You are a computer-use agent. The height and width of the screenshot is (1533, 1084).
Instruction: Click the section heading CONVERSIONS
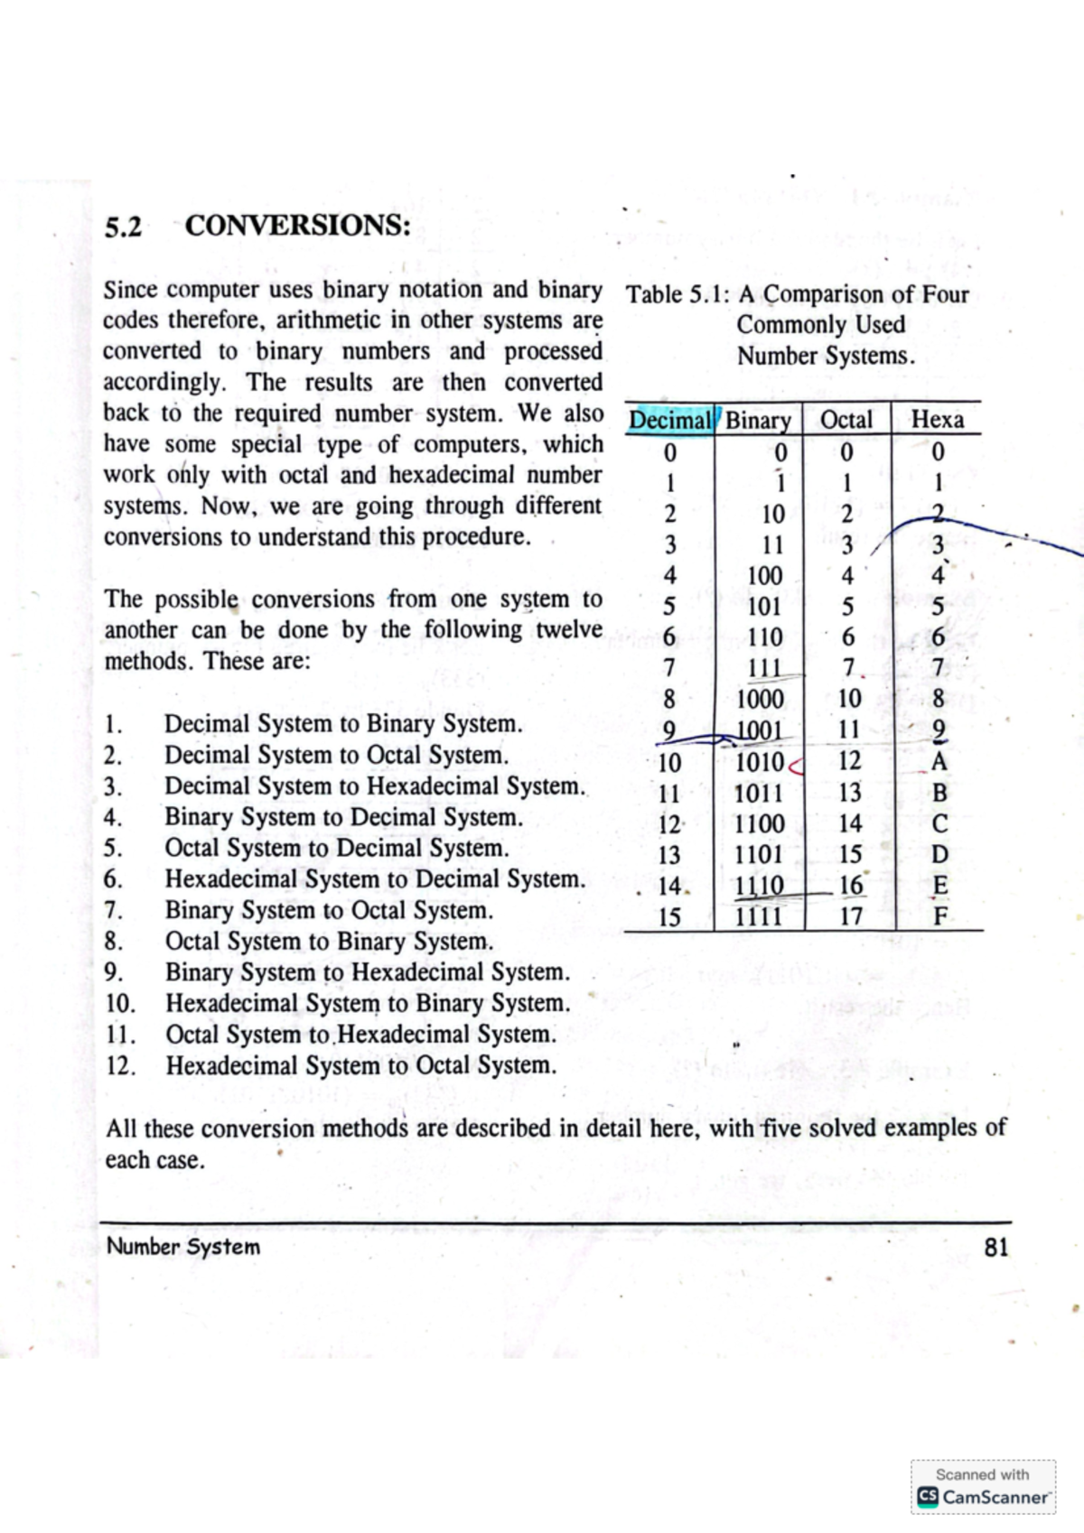(297, 224)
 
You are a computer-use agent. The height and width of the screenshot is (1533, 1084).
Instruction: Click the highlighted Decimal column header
(670, 420)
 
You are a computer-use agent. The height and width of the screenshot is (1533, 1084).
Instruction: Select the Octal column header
(846, 420)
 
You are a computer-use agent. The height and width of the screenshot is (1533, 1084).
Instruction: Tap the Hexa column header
(937, 420)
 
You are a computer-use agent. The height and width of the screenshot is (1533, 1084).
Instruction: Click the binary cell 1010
(760, 762)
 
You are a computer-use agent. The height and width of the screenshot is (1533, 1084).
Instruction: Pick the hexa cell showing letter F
(939, 917)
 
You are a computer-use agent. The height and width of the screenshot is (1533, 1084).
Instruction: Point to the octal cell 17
(850, 916)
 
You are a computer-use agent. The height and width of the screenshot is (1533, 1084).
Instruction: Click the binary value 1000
(760, 699)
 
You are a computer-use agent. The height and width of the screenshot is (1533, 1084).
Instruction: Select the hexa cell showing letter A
(939, 762)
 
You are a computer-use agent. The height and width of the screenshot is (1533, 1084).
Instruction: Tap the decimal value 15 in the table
(669, 917)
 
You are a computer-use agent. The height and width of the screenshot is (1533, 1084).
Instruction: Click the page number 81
(995, 1248)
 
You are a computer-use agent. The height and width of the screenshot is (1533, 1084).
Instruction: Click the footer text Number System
(183, 1247)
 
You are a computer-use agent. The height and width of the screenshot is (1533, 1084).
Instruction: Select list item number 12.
(120, 1065)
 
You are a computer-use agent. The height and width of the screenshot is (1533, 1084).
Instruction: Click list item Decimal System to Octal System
(336, 755)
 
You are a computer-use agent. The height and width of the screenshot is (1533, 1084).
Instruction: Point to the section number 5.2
(123, 226)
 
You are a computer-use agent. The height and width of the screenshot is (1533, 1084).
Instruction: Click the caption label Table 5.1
(677, 294)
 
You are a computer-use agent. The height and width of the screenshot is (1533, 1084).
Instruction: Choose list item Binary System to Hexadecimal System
(367, 972)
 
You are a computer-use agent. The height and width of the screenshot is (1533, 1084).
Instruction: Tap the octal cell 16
(850, 886)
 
